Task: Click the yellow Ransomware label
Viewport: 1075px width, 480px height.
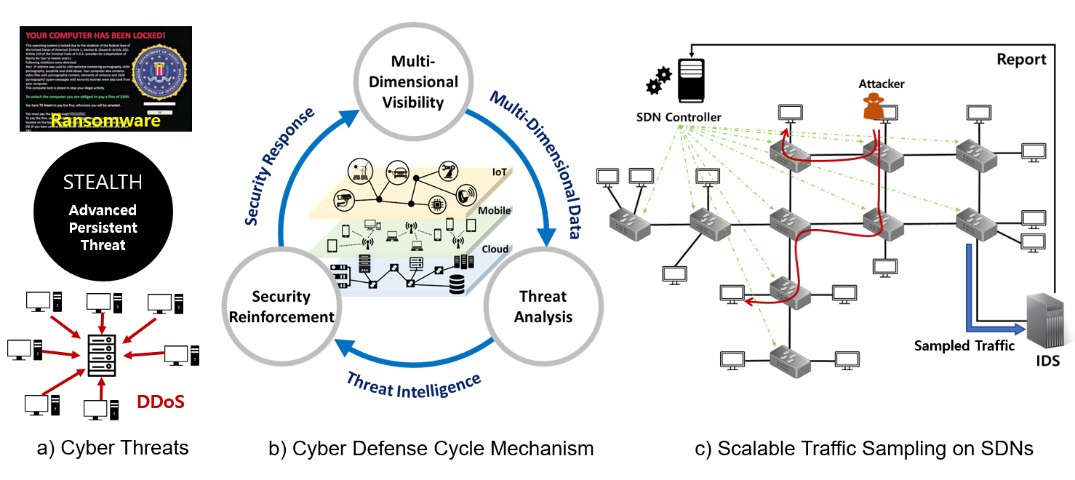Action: [x=105, y=121]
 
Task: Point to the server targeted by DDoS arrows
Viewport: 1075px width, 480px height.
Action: [x=102, y=355]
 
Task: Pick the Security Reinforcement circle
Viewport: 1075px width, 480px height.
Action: [x=281, y=306]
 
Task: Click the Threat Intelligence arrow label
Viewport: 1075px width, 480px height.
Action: [x=414, y=383]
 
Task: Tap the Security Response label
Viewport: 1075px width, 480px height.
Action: [x=280, y=166]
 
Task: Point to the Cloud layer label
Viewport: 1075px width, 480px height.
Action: [x=495, y=249]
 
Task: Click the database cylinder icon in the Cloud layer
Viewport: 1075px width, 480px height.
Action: [x=457, y=285]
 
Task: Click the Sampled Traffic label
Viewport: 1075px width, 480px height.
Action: [x=964, y=346]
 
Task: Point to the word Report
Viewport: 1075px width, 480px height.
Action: [x=1020, y=60]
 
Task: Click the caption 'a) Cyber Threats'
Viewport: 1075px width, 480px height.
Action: [x=113, y=449]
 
